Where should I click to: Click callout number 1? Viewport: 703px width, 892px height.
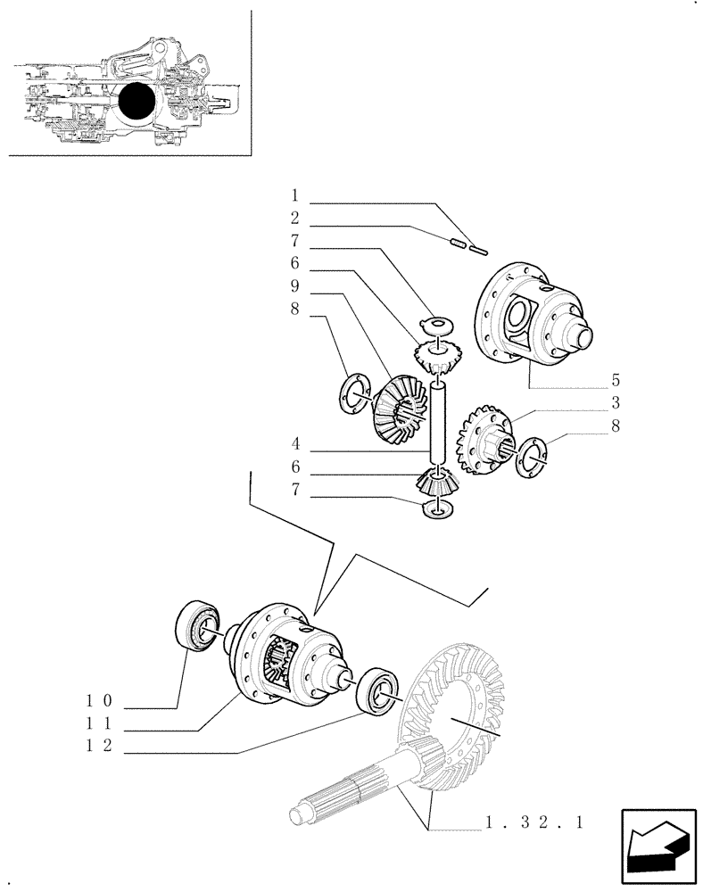coord(294,194)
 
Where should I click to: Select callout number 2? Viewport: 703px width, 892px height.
coord(294,218)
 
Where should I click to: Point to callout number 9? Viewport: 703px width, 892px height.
coord(294,287)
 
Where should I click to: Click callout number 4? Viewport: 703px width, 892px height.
coord(294,443)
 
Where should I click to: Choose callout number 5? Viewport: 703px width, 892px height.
coord(616,378)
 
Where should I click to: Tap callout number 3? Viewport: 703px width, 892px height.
coord(616,402)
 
